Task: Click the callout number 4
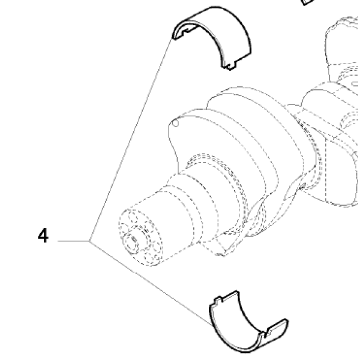tap(43, 236)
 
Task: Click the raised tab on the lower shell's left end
tap(218, 300)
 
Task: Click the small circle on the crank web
tap(175, 123)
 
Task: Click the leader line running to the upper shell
tap(131, 140)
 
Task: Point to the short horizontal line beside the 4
tap(73, 241)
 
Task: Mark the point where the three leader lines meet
tap(89, 241)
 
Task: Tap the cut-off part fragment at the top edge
tap(308, 2)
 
